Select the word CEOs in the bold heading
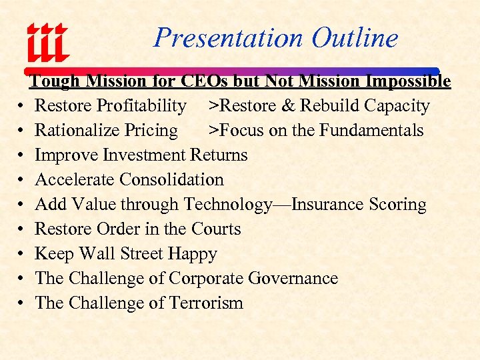tap(203, 81)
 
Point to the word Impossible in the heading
tap(408, 81)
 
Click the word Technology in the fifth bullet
tap(228, 205)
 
